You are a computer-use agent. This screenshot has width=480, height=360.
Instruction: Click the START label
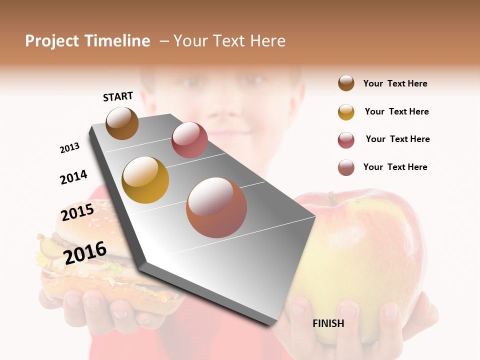[x=118, y=96]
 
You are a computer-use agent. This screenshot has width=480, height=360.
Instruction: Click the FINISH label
[x=328, y=323]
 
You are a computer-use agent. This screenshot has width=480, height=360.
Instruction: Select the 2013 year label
[x=69, y=147]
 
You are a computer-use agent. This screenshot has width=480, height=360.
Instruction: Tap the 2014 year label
[x=73, y=177]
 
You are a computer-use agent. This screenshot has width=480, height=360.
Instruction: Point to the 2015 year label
[x=77, y=212]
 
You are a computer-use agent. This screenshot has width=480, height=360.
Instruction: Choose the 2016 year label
[x=85, y=252]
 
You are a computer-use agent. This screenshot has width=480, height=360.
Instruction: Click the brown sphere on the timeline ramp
[x=122, y=123]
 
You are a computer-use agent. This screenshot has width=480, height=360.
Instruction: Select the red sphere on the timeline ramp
[x=189, y=140]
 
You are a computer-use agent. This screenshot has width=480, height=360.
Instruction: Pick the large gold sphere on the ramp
[x=145, y=180]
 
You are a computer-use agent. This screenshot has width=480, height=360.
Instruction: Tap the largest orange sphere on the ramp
[x=216, y=207]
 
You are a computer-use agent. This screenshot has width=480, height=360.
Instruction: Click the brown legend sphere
[x=346, y=83]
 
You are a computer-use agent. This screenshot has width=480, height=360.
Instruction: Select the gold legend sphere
[x=346, y=112]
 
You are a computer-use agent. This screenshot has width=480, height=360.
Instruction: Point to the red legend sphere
[x=346, y=140]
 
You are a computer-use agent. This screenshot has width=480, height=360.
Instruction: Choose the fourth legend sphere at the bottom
[x=346, y=167]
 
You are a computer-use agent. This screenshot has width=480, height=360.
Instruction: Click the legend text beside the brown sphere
[x=395, y=83]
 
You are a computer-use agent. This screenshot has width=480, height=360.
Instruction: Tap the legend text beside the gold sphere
[x=396, y=111]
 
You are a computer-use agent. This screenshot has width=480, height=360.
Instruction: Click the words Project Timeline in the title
[x=87, y=41]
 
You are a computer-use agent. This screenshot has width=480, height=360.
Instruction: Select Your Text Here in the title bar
[x=229, y=41]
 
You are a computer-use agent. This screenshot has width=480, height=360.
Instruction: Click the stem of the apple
[x=330, y=198]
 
